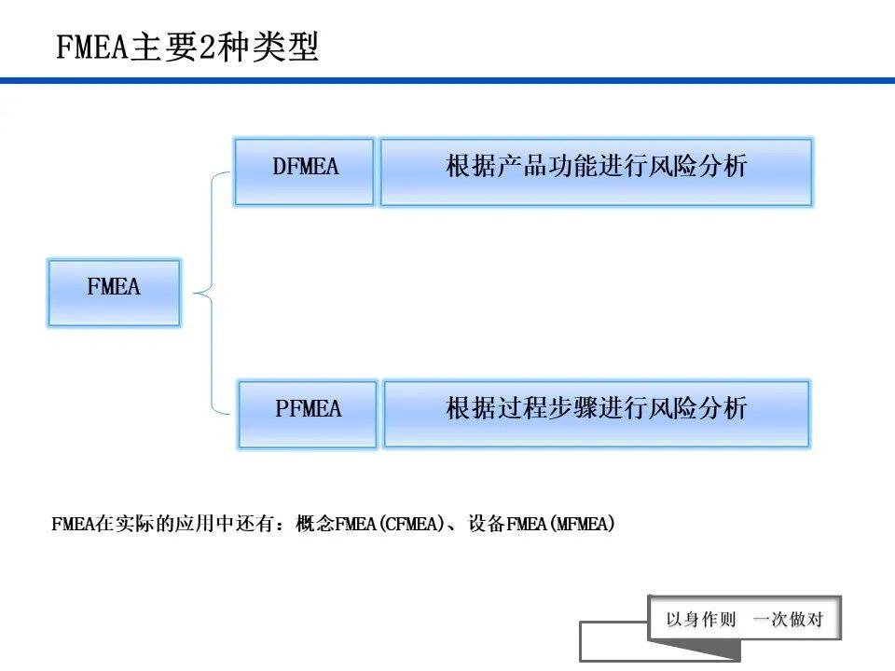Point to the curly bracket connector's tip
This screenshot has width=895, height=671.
tap(197, 294)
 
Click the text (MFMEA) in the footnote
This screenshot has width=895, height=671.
tap(583, 525)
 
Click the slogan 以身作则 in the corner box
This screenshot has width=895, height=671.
tap(700, 620)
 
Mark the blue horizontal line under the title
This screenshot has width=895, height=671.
tap(447, 81)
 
